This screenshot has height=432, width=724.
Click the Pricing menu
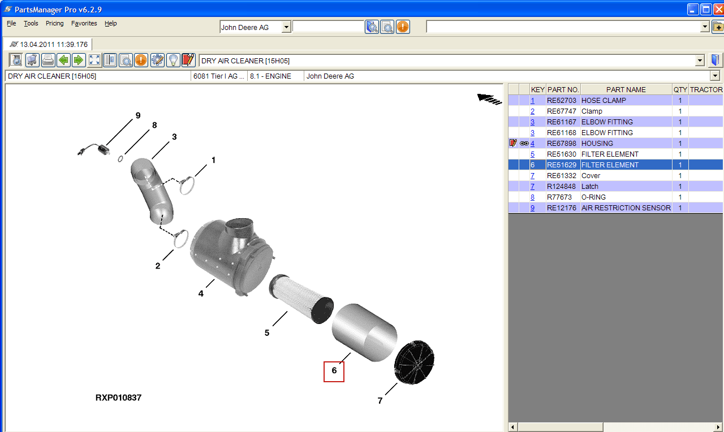tap(55, 23)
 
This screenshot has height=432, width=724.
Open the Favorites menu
tap(84, 23)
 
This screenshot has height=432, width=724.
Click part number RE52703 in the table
tap(562, 101)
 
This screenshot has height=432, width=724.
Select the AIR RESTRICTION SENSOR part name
tap(626, 208)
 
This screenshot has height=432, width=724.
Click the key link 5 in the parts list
tap(532, 154)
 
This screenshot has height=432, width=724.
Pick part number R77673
tap(559, 197)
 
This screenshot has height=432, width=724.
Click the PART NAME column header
tap(626, 89)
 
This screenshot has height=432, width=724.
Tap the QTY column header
tap(680, 89)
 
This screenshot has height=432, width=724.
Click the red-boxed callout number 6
tap(334, 371)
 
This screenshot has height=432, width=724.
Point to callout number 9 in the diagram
tap(138, 115)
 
